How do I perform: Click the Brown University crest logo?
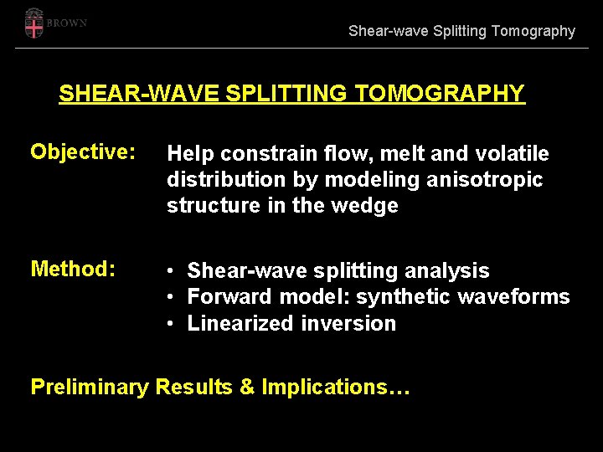(33, 23)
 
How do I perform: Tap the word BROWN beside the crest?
(67, 23)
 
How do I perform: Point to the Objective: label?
(83, 152)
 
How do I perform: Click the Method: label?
(72, 269)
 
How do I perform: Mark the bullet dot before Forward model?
(169, 297)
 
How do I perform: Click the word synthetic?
(398, 297)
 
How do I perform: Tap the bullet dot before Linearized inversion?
(169, 323)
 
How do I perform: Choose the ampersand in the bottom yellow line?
(248, 387)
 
